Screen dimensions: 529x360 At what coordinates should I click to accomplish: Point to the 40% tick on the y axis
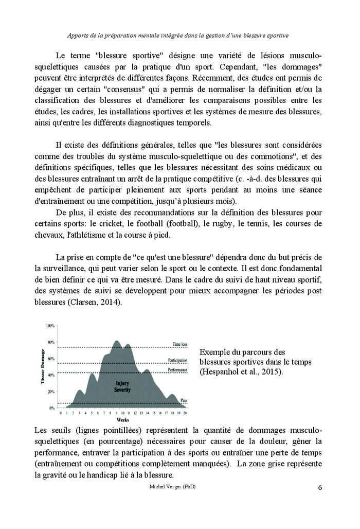tap(51, 375)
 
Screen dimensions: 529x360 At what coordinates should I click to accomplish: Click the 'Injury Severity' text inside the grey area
tap(121, 386)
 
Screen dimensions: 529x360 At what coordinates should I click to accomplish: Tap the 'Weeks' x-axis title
tap(122, 420)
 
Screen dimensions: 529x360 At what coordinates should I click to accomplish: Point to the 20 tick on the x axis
tap(185, 413)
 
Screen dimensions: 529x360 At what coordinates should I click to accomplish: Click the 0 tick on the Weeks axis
tap(61, 413)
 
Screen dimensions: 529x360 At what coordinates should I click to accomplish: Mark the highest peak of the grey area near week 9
tap(117, 341)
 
